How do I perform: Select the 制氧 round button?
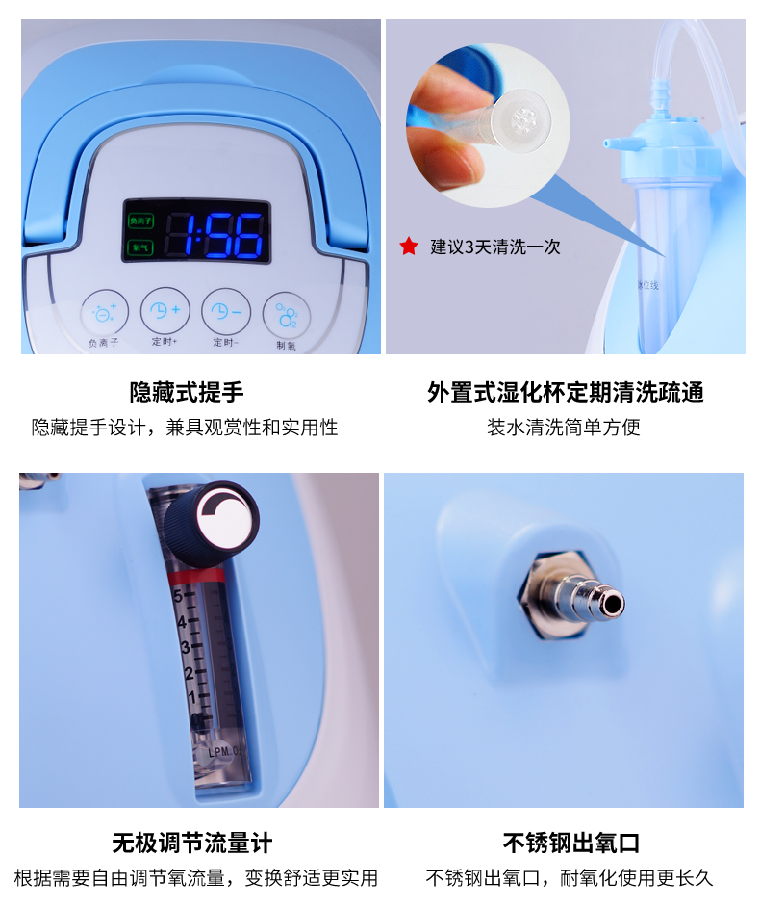click(286, 313)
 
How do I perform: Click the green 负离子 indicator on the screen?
click(140, 221)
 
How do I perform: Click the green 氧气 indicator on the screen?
click(139, 247)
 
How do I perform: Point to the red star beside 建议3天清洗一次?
click(409, 247)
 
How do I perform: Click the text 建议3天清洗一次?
click(494, 247)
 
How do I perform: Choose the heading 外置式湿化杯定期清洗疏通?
click(566, 392)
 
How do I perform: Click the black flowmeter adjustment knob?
click(211, 522)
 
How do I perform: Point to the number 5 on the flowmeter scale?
click(179, 595)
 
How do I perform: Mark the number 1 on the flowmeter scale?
click(193, 696)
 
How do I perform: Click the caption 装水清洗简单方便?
click(564, 427)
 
